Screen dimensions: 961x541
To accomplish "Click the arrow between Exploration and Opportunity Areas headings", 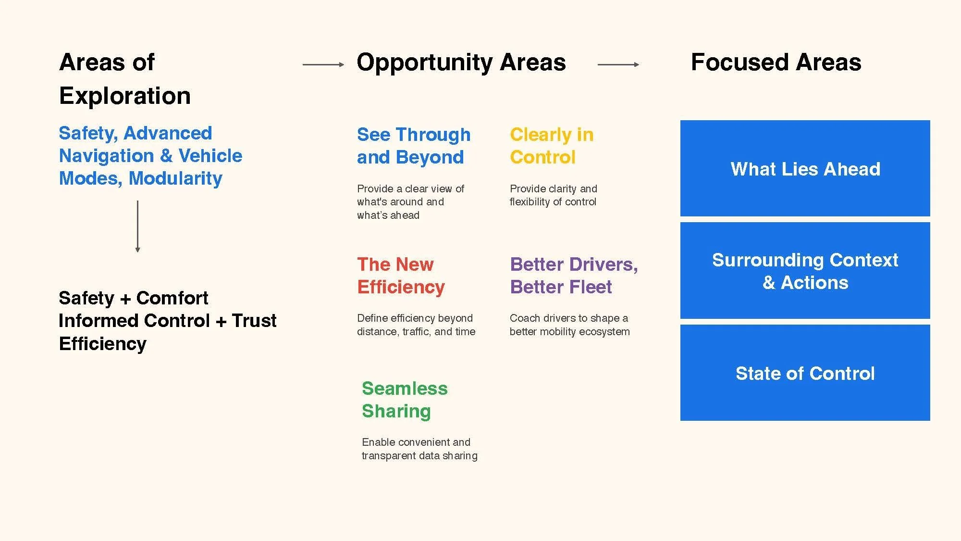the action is point(323,64).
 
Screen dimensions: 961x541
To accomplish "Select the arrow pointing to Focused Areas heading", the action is point(618,64).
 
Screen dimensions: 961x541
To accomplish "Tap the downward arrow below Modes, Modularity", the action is point(138,226).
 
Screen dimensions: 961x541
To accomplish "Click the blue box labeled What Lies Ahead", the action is point(805,168).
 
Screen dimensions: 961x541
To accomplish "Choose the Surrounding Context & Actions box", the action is point(805,271).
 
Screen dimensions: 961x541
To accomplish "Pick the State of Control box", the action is point(805,373).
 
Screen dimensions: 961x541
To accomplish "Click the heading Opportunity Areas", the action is point(461,63).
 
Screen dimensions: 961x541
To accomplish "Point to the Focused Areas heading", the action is point(776,63).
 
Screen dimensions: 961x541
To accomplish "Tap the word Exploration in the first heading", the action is point(125,96).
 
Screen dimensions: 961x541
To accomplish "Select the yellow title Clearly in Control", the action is point(552,146).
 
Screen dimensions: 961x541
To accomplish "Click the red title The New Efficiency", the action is point(401,276).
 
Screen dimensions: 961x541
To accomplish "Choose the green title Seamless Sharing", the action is point(405,400).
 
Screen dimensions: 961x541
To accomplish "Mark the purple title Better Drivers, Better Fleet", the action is point(574,276).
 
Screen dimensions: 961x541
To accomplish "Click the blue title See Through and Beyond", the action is point(413,146).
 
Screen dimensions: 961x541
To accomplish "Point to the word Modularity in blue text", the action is point(175,178).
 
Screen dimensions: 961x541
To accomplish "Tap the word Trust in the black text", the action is point(254,321).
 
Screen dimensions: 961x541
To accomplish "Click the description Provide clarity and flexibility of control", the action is point(553,195).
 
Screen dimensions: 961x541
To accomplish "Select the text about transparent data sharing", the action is point(419,449).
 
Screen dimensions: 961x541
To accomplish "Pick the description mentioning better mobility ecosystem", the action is point(569,325).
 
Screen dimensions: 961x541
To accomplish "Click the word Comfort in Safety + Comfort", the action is point(172,298).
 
